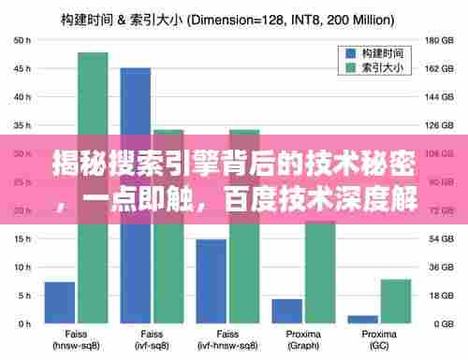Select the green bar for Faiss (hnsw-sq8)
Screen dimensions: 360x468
(93, 187)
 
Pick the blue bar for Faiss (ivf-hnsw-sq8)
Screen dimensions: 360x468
(212, 281)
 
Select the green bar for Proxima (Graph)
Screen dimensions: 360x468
(320, 271)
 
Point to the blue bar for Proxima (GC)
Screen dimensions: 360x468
(363, 319)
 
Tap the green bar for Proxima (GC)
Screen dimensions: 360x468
(396, 301)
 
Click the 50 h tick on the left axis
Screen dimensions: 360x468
(21, 40)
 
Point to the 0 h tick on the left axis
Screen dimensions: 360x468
(23, 324)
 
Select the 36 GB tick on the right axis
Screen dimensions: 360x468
(438, 267)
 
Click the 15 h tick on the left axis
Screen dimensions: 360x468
(21, 238)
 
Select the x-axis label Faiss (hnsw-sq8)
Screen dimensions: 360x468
(76, 339)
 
